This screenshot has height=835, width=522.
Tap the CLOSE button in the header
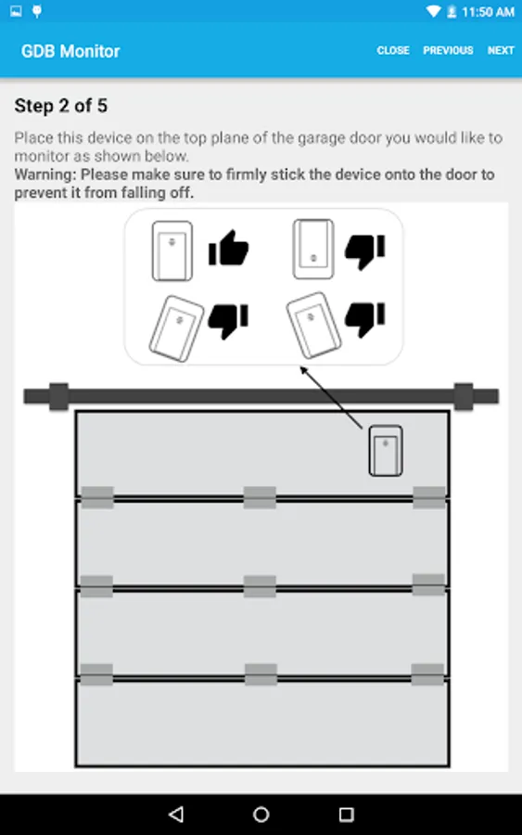tap(393, 51)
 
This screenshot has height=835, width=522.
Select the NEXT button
tap(501, 51)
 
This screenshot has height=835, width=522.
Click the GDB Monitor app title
tap(70, 51)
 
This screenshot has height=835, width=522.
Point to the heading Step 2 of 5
tap(60, 106)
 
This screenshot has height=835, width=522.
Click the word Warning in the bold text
tap(44, 174)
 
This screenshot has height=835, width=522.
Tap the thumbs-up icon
tap(228, 248)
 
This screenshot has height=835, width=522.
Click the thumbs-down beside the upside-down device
tap(365, 251)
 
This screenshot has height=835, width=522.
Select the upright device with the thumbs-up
tap(172, 250)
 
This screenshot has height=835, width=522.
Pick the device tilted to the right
tap(177, 328)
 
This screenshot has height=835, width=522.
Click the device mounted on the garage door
tap(386, 451)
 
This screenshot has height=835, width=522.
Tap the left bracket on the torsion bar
tap(58, 397)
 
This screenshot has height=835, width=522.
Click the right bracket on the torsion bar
tap(464, 397)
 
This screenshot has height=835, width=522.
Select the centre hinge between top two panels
tap(260, 497)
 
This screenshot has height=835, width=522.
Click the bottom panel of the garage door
tap(262, 723)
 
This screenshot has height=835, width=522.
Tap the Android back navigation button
tap(176, 815)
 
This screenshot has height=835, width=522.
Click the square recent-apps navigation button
tap(347, 815)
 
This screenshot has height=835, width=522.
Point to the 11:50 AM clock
tap(488, 12)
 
